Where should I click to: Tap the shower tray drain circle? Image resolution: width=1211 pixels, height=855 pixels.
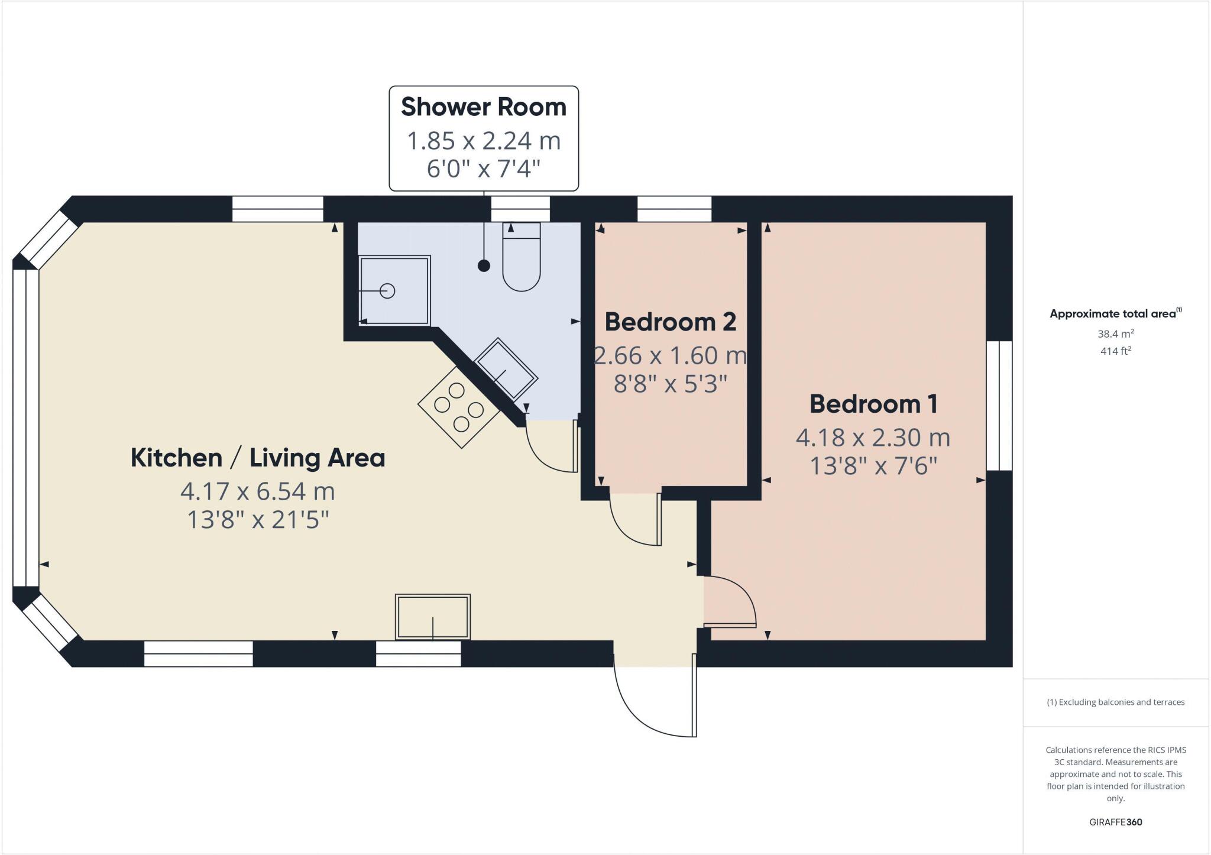click(x=387, y=291)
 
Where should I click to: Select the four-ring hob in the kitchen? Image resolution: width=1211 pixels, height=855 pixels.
click(x=459, y=407)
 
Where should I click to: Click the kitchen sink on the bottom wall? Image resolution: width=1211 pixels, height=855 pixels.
click(x=433, y=617)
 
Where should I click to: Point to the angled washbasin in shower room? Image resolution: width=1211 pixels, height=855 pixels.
click(x=506, y=368)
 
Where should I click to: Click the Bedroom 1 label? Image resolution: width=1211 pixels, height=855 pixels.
click(x=873, y=404)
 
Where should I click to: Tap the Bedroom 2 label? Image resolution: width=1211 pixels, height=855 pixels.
click(x=671, y=322)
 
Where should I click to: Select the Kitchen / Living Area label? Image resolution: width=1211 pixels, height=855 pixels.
click(x=258, y=458)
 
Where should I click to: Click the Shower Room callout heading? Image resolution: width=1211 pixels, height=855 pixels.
click(x=484, y=107)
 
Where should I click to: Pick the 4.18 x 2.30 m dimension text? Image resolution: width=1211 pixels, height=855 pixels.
click(x=873, y=438)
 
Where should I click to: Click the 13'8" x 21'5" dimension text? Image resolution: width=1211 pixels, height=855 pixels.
click(x=258, y=520)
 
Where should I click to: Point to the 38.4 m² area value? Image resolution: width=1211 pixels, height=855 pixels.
click(x=1115, y=334)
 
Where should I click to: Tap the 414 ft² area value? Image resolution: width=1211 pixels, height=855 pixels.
click(x=1115, y=351)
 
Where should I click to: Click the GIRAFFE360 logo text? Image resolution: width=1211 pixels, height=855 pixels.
click(x=1115, y=822)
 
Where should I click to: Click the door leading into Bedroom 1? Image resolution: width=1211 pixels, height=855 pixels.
click(x=730, y=603)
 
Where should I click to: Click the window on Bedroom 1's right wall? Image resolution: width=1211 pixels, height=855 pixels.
click(x=999, y=406)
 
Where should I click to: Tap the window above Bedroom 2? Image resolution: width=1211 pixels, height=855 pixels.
click(x=674, y=209)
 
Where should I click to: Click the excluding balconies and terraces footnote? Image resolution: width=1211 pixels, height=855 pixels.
click(x=1115, y=702)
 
